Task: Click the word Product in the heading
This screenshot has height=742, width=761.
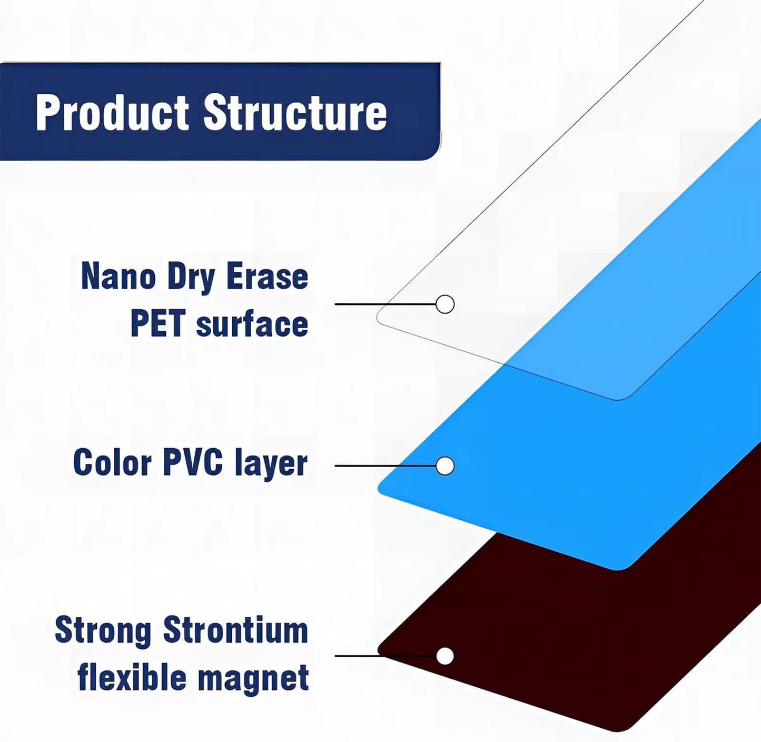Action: pos(113,113)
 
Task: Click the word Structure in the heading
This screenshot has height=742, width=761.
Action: pos(295,113)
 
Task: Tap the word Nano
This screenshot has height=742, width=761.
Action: pos(118,277)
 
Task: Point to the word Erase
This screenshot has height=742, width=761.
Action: pos(268,277)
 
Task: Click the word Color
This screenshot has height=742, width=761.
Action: pos(113,462)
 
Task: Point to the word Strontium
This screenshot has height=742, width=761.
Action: pos(236,629)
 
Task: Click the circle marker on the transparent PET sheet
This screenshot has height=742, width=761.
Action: pos(445,304)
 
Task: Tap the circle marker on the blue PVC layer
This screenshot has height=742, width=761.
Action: pos(445,466)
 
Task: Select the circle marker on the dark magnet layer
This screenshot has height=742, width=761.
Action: pos(445,656)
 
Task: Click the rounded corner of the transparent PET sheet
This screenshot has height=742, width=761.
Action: pos(379,318)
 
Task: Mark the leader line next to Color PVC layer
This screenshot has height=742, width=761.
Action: pos(385,466)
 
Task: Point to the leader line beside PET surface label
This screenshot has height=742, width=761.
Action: pos(385,304)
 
